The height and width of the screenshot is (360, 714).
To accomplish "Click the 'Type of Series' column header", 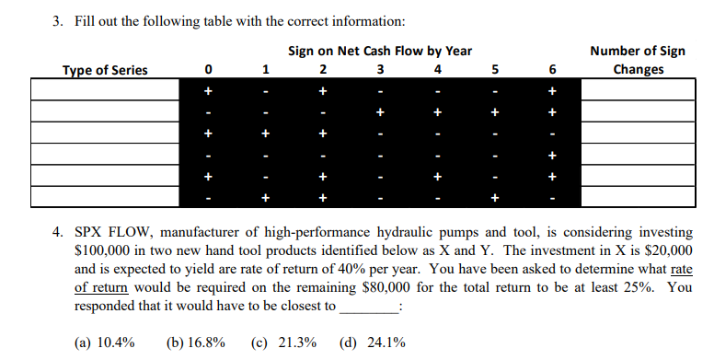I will [x=104, y=70].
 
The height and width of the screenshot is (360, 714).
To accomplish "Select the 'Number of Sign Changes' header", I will [x=638, y=60].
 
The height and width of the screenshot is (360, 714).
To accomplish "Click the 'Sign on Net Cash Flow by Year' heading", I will [x=380, y=51].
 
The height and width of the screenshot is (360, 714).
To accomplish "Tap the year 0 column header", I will [x=209, y=70].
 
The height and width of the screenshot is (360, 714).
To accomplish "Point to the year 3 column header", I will [x=380, y=70].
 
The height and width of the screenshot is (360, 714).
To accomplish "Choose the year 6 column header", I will [x=552, y=70].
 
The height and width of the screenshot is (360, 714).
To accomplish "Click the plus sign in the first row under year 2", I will [x=323, y=91].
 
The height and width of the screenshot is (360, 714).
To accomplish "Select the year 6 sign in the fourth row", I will [x=552, y=155].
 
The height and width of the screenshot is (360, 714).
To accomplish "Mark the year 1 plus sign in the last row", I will [x=266, y=197].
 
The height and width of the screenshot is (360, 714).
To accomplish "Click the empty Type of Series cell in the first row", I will [x=104, y=91].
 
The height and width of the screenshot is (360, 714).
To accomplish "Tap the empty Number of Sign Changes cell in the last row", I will [x=638, y=197].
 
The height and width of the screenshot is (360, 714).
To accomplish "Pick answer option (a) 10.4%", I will [x=104, y=343].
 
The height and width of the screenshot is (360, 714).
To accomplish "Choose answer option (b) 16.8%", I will [x=195, y=343].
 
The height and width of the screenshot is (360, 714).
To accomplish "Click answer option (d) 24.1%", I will [x=373, y=343].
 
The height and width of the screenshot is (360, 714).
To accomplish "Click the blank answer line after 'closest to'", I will [x=369, y=305].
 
